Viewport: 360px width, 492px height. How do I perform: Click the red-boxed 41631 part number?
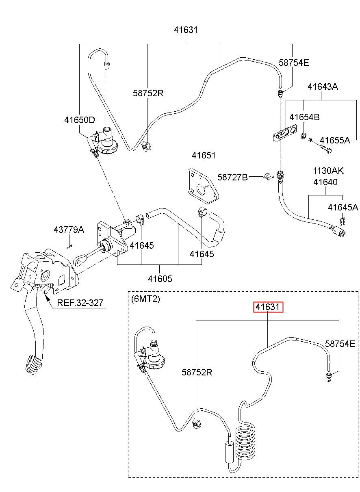click(268, 307)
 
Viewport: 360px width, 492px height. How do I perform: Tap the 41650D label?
click(80, 120)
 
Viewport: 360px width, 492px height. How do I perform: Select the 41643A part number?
click(323, 87)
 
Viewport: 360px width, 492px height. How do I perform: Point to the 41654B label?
click(304, 117)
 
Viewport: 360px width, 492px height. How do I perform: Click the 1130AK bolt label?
click(328, 171)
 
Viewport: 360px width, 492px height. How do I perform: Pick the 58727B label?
click(232, 177)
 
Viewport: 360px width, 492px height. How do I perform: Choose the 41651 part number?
click(204, 156)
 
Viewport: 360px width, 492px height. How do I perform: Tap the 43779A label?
click(69, 230)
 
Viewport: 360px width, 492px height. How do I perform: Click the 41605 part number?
click(160, 279)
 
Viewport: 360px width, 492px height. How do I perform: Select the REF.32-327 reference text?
click(80, 303)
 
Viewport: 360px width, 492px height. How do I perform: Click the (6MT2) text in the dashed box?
click(145, 299)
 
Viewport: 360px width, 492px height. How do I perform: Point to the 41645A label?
click(343, 207)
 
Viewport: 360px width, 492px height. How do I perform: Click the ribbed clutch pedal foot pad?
click(33, 364)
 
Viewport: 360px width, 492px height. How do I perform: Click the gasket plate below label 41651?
click(204, 186)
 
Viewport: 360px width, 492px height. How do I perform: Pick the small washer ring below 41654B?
click(303, 136)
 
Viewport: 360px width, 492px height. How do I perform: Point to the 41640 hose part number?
click(325, 182)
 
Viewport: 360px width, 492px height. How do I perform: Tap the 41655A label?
click(335, 140)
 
